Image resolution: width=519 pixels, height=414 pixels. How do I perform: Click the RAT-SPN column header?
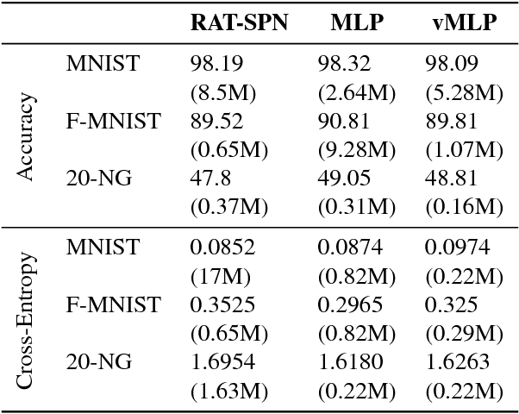239,23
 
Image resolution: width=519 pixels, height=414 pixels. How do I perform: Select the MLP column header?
357,23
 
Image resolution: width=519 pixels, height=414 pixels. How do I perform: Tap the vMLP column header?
464,23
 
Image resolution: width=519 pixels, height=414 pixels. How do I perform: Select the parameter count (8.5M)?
222,92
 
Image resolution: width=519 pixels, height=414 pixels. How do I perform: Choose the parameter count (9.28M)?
357,150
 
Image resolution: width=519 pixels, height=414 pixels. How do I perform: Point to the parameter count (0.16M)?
464,208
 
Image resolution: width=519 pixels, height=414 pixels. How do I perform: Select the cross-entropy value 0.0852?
222,248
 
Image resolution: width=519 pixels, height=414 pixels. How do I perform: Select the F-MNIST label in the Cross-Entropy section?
113,305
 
